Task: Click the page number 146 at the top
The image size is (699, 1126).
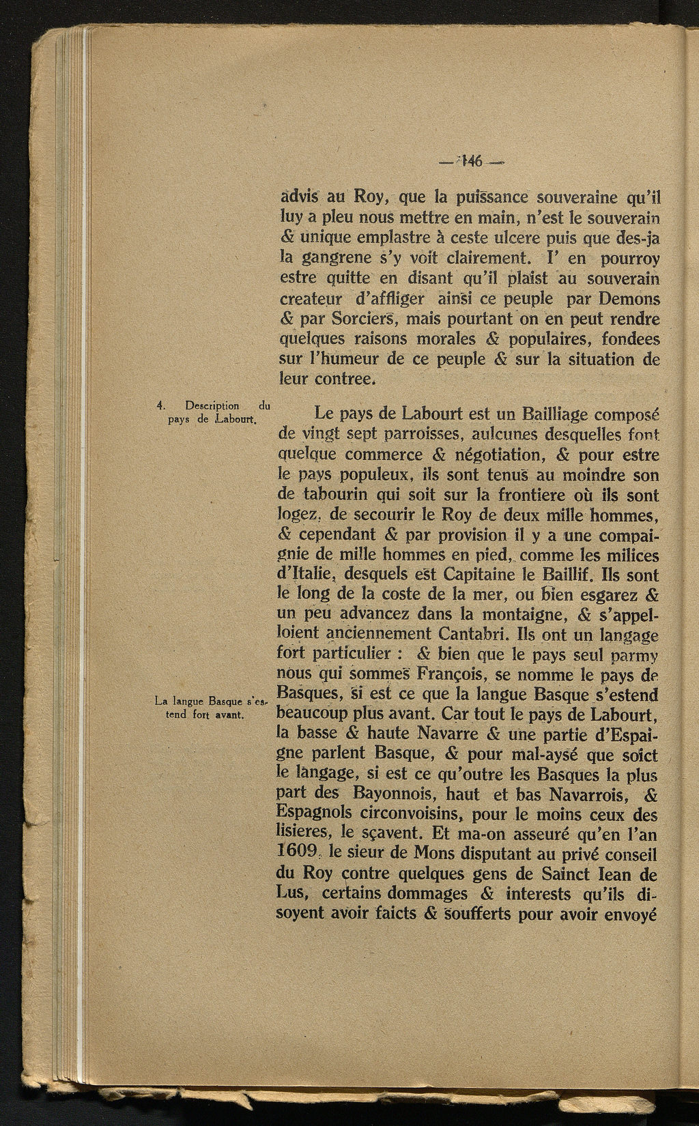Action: click(472, 162)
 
